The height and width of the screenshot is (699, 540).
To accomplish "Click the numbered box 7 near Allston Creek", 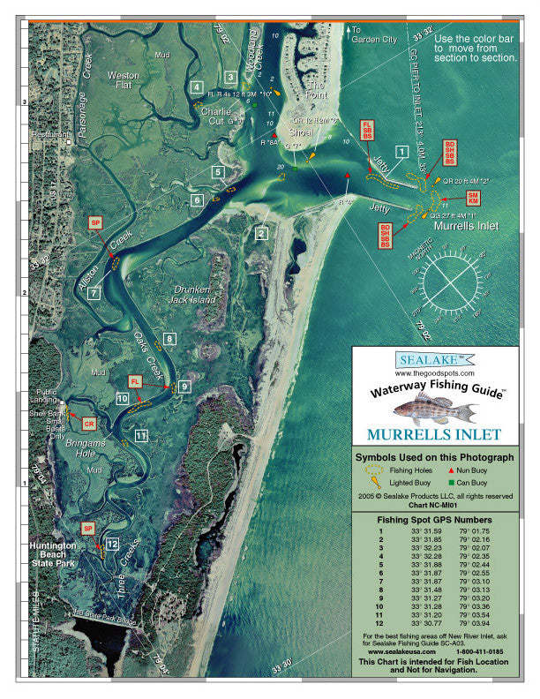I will point(94,292).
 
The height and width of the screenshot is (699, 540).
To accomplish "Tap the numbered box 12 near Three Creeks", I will point(112,544).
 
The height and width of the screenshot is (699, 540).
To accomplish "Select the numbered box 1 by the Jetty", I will point(402,152).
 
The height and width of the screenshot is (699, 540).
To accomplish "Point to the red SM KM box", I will point(473,199).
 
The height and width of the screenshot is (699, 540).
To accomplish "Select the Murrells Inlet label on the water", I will point(466,227).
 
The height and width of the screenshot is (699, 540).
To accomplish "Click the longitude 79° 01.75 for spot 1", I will point(473,531).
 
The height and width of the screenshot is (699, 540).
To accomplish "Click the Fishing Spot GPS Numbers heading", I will point(433,521).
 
